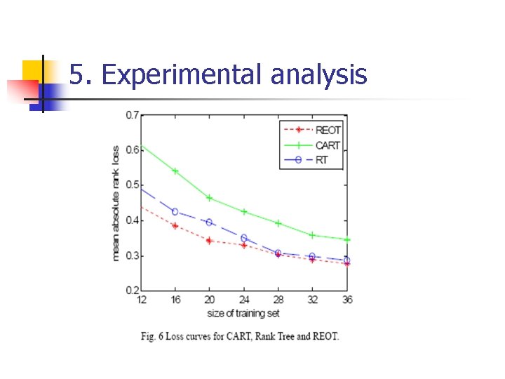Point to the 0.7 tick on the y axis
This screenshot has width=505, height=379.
click(132, 114)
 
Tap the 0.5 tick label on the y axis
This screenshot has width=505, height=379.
click(132, 185)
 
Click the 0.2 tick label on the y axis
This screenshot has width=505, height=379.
click(132, 291)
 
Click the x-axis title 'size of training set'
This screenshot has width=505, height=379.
click(245, 312)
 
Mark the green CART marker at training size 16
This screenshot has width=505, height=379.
click(175, 171)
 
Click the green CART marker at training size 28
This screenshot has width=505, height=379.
click(278, 223)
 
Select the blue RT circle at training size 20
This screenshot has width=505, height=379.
click(209, 222)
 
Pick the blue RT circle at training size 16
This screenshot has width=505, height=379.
click(175, 212)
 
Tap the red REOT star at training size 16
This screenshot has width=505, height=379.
click(175, 226)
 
